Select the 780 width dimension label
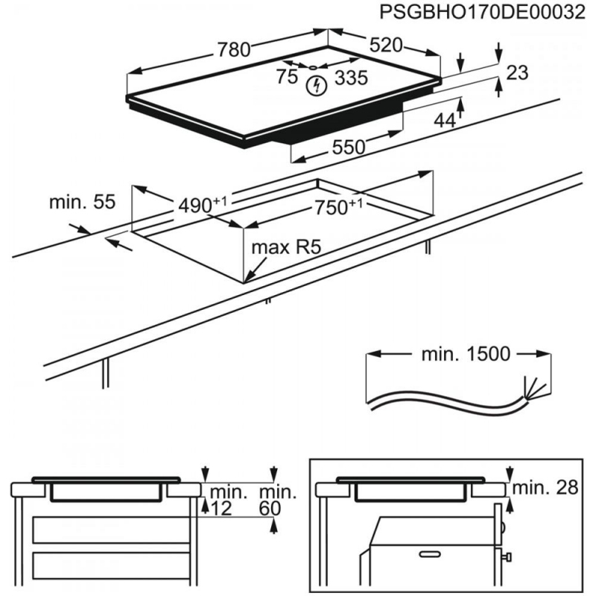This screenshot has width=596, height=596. coord(233,50)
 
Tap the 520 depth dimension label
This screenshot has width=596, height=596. coord(386,45)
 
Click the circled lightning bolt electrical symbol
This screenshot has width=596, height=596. coord(316,85)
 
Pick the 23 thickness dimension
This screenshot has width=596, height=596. coord(517,72)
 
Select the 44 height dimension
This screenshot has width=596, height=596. coord(444,119)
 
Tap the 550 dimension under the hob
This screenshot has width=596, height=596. coord(349,147)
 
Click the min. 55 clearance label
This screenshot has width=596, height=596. coord(83,202)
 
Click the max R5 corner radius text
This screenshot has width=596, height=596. coord(285,247)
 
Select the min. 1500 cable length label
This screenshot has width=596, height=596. coord(466,355)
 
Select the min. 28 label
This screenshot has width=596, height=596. coord(547,488)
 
